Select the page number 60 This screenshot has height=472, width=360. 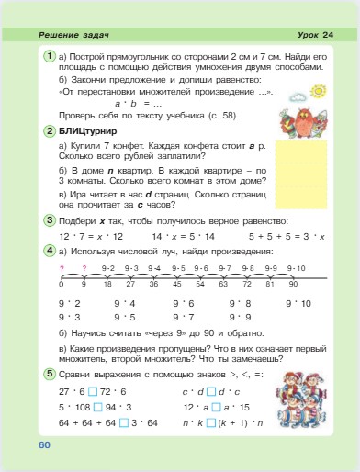[43, 444]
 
